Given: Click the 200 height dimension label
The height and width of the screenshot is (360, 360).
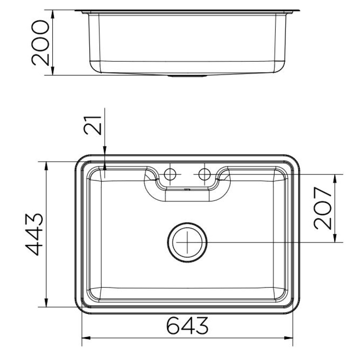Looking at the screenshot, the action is click(40, 43).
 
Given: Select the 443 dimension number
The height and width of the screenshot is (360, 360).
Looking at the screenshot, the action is click(34, 235).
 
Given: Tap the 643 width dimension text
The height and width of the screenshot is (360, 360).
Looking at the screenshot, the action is click(187, 325).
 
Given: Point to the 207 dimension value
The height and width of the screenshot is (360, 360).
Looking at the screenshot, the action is click(323, 208).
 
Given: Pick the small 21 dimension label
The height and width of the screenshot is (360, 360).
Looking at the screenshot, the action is click(93, 125).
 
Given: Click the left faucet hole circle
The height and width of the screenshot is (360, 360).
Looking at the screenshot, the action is click(170, 174).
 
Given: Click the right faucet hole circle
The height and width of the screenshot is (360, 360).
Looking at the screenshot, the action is click(204, 174).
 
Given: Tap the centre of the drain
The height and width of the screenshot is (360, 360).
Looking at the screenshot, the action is click(187, 242).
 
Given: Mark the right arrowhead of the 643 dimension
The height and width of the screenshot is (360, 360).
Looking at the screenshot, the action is click(289, 338).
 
